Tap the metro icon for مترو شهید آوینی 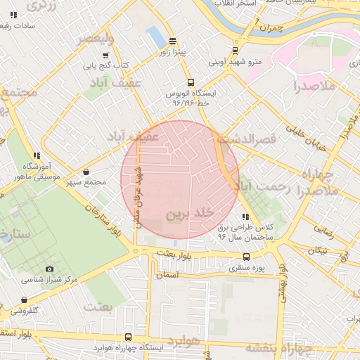(x=235, y=51)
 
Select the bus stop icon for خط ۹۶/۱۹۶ (x=191, y=83)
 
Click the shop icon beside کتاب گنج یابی (x=105, y=56)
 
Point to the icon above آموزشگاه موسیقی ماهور (x=36, y=155)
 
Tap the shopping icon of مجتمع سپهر (x=86, y=172)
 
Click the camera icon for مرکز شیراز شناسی (x=49, y=269)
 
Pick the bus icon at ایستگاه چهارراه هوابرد (x=128, y=337)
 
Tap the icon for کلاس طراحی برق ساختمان (x=245, y=217)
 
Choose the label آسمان (x=169, y=275)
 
